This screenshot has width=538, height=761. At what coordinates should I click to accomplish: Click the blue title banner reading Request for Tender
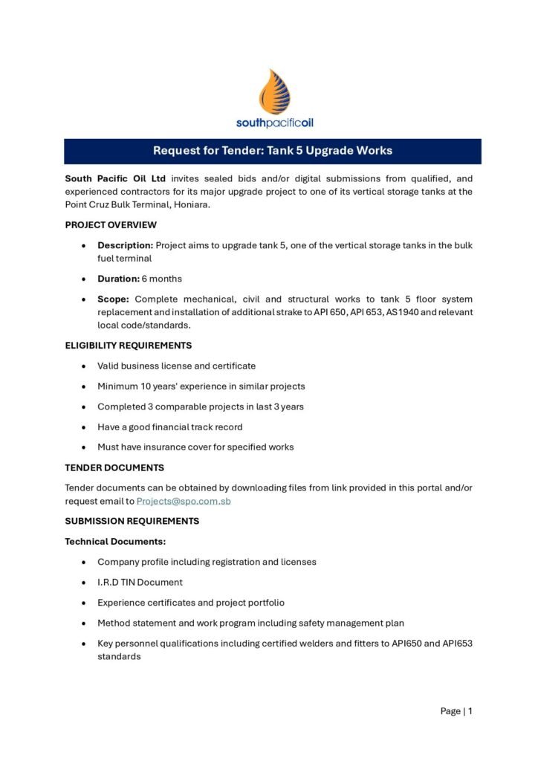[x=272, y=151]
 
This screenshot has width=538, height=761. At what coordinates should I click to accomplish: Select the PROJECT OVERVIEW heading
[x=111, y=224]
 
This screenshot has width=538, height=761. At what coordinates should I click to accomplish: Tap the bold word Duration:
[x=118, y=279]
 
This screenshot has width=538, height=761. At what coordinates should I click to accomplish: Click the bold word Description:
[x=126, y=245]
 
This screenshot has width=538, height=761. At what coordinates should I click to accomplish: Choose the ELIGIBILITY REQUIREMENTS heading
[x=129, y=346]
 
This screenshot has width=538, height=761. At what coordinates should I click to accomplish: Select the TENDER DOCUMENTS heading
[x=114, y=467]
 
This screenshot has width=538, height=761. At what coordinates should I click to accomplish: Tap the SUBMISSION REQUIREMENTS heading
[x=132, y=521]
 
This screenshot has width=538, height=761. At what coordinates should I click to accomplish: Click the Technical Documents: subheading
[x=115, y=542]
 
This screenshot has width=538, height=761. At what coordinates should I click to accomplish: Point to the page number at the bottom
[x=456, y=711]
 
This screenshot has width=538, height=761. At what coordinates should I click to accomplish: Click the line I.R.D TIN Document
[x=140, y=583]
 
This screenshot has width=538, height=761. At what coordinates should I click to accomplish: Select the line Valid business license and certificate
[x=176, y=366]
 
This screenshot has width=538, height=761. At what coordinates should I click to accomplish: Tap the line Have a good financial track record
[x=170, y=427]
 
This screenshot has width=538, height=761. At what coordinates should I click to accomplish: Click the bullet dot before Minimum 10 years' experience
[x=86, y=386]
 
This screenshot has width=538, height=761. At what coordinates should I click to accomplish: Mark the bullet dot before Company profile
[x=86, y=563]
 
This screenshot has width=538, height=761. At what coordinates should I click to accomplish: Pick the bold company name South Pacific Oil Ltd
[x=115, y=178]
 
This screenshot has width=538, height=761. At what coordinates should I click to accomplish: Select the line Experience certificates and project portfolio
[x=191, y=603]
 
